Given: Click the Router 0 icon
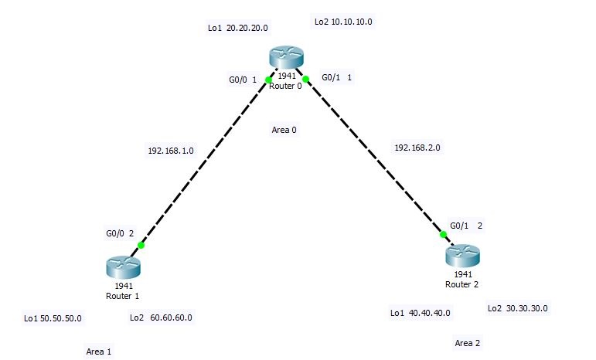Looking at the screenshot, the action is click(x=286, y=58).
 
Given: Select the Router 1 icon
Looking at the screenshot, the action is click(x=124, y=267).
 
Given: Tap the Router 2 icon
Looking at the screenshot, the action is click(x=462, y=255).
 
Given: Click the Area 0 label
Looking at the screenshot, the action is click(x=284, y=130).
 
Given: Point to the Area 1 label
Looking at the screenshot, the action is click(x=99, y=352).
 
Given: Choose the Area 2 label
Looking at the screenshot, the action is click(x=468, y=343).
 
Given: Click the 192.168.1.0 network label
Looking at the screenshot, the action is click(x=171, y=151).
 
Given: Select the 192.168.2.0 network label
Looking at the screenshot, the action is click(x=417, y=148).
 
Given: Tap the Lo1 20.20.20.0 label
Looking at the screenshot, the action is click(x=238, y=28).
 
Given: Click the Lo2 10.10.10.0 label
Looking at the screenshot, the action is click(x=343, y=22).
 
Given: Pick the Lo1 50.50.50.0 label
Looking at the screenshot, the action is click(x=53, y=318).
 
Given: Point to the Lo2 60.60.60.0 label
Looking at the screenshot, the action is click(x=161, y=318).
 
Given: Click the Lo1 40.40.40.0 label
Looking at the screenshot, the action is click(x=421, y=313).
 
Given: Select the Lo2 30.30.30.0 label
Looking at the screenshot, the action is click(x=518, y=308).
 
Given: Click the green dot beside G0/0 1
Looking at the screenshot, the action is click(x=268, y=80).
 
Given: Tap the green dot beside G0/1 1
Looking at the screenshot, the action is click(x=305, y=80).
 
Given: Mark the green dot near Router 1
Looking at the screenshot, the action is click(x=141, y=246).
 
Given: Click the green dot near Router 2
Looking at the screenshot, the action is click(x=443, y=234).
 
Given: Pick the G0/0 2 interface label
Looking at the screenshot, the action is click(x=120, y=233).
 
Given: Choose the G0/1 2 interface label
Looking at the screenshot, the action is click(x=466, y=226).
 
